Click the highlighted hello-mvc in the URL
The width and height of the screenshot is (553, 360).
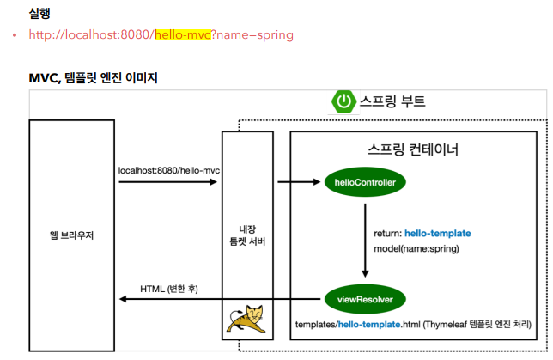click(182, 35)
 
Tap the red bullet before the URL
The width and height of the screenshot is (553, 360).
click(15, 36)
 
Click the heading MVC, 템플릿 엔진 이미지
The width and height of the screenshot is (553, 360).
click(93, 78)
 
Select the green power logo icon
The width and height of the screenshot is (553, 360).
click(343, 101)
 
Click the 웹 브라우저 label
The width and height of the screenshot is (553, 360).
click(70, 234)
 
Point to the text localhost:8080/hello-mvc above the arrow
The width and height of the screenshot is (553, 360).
click(169, 170)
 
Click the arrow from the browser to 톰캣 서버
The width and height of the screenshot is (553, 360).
click(167, 182)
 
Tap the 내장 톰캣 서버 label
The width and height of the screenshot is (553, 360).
click(247, 234)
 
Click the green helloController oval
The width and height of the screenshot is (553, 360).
click(364, 182)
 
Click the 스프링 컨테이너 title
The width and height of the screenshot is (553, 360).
click(412, 149)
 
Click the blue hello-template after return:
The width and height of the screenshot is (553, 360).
click(437, 234)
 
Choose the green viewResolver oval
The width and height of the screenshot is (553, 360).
click(364, 299)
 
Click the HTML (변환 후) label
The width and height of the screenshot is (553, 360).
click(168, 288)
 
